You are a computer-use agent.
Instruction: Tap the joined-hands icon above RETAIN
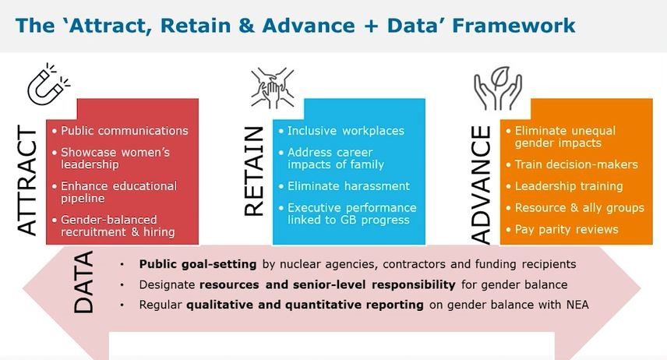coord(273,87)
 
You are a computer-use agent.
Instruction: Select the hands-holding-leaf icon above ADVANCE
coord(498,88)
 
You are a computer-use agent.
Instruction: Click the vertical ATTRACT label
coord(27,180)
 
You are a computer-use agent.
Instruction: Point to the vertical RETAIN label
coord(254,171)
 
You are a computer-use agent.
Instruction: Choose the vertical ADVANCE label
coord(482,185)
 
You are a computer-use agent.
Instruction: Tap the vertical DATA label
coord(83,282)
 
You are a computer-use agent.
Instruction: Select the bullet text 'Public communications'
coord(124,131)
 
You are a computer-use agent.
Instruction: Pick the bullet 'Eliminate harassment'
coord(348,186)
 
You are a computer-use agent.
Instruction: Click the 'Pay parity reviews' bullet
coord(566,229)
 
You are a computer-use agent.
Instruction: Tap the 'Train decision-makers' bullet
coord(577,164)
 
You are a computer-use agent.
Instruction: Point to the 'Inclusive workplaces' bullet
coord(346,131)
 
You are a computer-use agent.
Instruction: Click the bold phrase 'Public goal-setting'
coord(198,264)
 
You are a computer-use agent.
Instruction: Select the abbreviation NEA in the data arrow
coord(577,305)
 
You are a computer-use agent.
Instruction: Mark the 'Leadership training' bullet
coord(569,186)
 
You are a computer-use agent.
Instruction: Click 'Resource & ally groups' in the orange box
coord(580,207)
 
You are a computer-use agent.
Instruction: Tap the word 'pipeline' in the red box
coord(83,199)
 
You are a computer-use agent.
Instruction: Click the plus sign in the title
coord(370,26)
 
